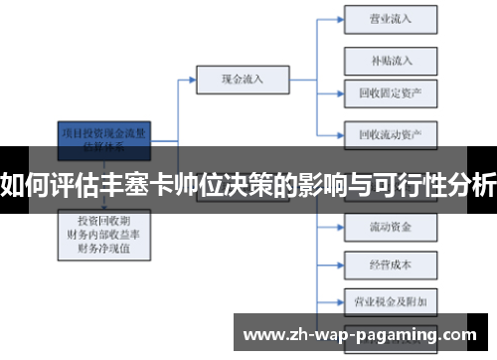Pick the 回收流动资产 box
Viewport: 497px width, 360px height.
(x=390, y=132)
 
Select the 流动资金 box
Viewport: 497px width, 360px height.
(x=390, y=226)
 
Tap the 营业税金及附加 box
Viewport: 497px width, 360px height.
(x=390, y=299)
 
